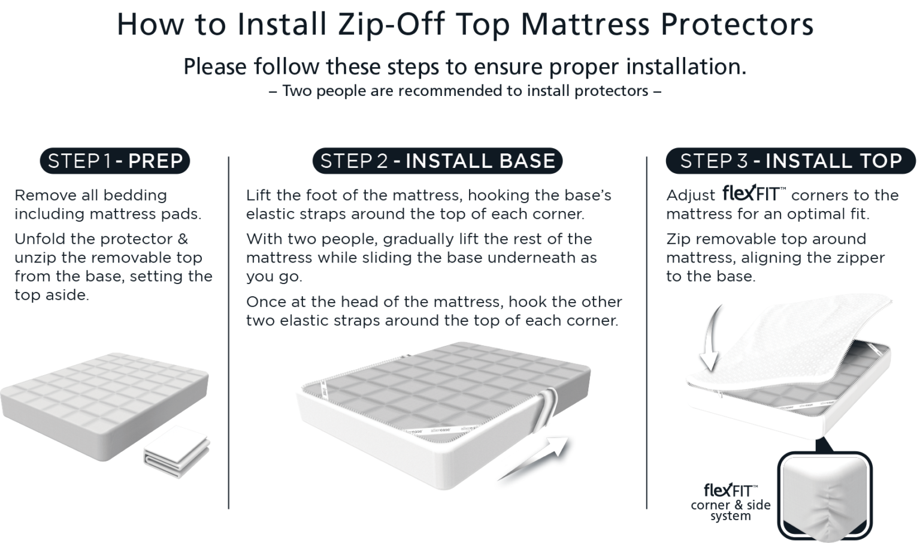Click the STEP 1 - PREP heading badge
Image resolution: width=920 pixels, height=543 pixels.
[x=115, y=161]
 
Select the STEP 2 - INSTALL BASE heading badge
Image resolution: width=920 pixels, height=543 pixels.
[x=437, y=161]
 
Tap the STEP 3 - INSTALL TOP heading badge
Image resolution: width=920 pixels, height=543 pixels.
[x=791, y=161]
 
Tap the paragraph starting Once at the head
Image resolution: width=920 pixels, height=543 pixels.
[x=434, y=311]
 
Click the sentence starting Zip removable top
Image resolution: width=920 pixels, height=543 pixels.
[x=775, y=257]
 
